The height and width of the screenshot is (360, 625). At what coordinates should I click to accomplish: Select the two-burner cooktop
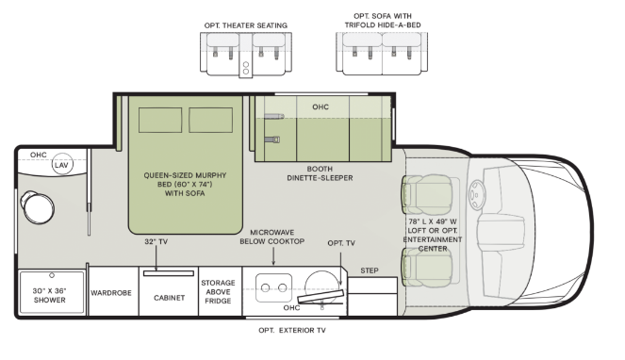tap(275, 285)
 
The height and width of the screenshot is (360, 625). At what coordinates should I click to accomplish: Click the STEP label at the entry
tap(369, 270)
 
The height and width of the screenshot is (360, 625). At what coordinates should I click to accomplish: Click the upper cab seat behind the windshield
tap(419, 195)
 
